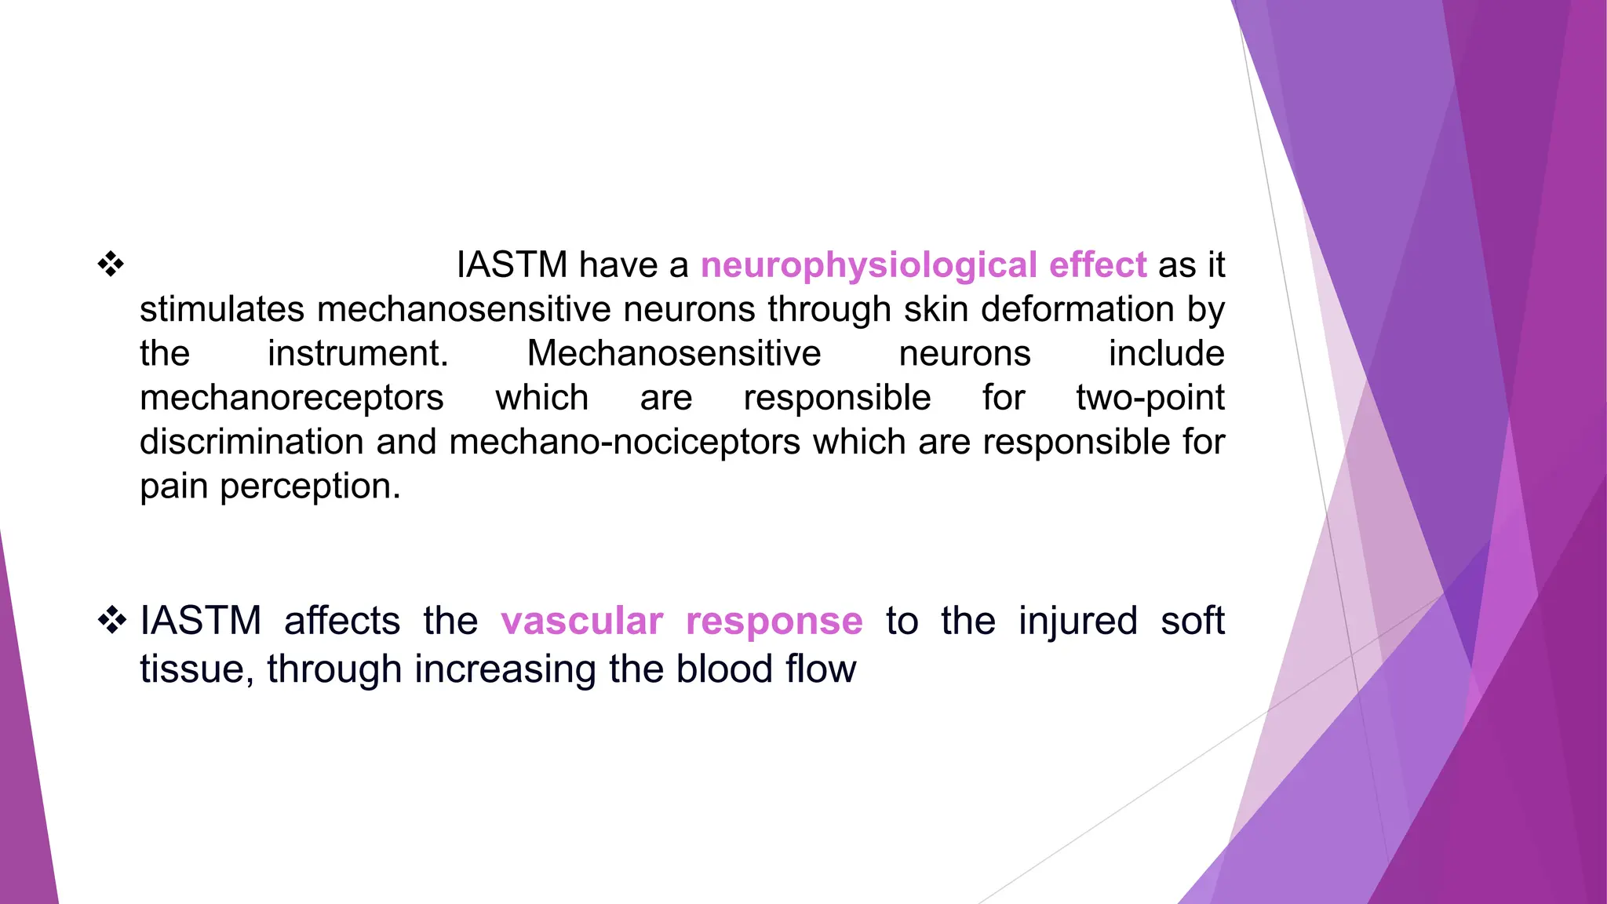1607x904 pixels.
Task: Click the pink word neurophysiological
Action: pyautogui.click(x=869, y=265)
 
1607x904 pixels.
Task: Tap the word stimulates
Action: pyautogui.click(x=222, y=309)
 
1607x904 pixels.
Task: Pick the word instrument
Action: pyautogui.click(x=357, y=354)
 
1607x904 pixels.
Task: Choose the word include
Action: pyautogui.click(x=1166, y=354)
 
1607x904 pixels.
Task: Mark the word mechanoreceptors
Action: pyautogui.click(x=292, y=398)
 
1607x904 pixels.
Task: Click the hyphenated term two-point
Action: pyautogui.click(x=1150, y=398)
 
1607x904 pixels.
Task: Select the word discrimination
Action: pyautogui.click(x=251, y=442)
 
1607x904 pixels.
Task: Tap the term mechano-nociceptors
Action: pyautogui.click(x=625, y=442)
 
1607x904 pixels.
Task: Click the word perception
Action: pyautogui.click(x=311, y=487)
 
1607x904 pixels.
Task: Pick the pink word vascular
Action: pyautogui.click(x=582, y=621)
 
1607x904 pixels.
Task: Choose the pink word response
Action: pyautogui.click(x=774, y=622)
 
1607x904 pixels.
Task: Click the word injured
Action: pyautogui.click(x=1077, y=621)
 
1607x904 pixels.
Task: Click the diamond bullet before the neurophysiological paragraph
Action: pyautogui.click(x=111, y=264)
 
